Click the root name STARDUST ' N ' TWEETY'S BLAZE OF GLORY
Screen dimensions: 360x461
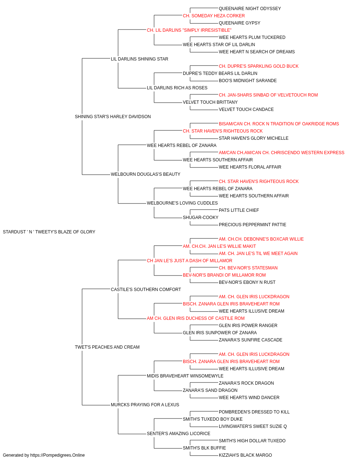49,232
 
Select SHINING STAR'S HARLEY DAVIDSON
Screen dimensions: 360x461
113,117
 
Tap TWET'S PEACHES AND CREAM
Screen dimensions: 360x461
107,347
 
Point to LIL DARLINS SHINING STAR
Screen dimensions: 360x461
140,59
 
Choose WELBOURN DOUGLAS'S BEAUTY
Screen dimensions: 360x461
146,174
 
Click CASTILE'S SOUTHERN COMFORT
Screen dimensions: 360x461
146,290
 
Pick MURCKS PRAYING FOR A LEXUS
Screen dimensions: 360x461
145,405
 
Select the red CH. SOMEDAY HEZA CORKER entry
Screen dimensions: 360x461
214,16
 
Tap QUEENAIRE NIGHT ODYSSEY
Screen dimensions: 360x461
250,9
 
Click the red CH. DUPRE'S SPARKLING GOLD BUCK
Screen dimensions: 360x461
258,66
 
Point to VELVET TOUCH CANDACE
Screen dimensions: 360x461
246,109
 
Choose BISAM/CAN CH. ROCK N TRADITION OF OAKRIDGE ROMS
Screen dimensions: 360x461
279,124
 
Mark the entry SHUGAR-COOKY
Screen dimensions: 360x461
201,218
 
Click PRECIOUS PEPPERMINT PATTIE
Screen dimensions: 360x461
252,225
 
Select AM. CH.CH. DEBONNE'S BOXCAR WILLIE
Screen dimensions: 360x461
261,239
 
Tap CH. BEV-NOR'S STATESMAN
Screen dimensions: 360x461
248,268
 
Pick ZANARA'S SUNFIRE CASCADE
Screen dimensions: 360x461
251,340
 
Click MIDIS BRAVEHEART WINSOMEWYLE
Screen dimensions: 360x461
185,376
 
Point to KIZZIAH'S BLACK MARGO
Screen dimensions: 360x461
246,455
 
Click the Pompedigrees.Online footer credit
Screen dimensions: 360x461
44,455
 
